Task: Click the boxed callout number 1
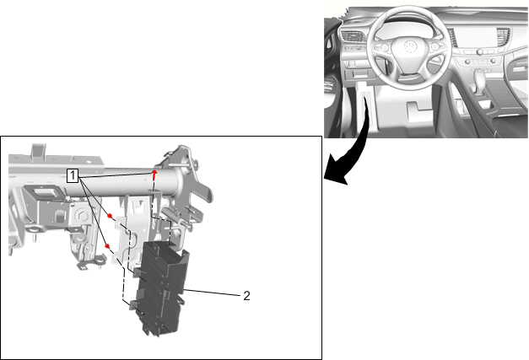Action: pos(73,175)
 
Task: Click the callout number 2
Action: pos(246,296)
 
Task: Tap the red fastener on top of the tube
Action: pos(154,175)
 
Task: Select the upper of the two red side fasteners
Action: pos(110,216)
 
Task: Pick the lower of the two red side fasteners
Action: pos(108,246)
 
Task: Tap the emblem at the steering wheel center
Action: pos(409,46)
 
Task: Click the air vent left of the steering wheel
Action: pos(353,36)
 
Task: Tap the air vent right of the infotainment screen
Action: pos(503,35)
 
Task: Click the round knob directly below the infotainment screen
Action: pos(479,52)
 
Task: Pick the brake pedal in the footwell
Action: pos(419,111)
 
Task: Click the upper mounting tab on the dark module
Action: pos(138,272)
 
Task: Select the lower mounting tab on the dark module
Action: pos(134,304)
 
